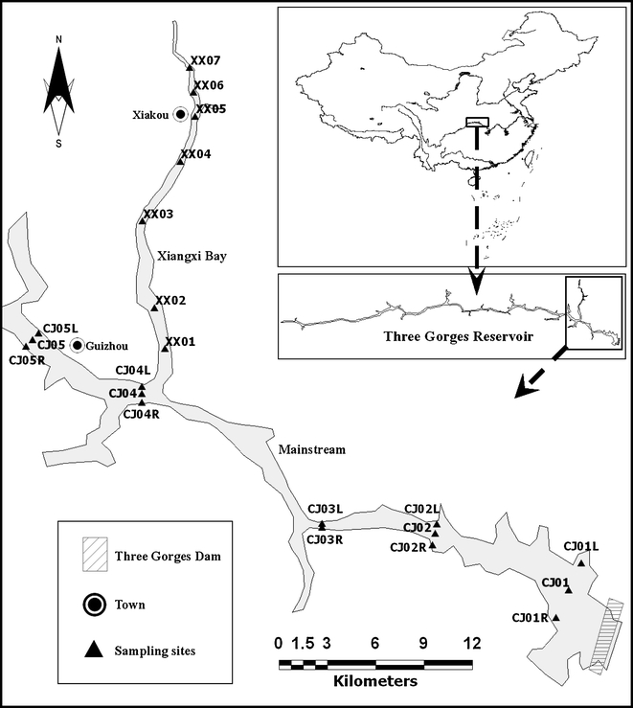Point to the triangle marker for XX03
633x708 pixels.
click(x=143, y=221)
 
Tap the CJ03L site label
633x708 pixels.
click(x=325, y=509)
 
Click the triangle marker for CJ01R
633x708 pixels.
click(x=556, y=618)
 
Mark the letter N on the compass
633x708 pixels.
click(x=59, y=39)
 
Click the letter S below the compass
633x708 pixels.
click(x=59, y=144)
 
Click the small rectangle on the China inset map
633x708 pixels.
click(x=476, y=122)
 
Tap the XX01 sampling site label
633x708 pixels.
click(x=180, y=342)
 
